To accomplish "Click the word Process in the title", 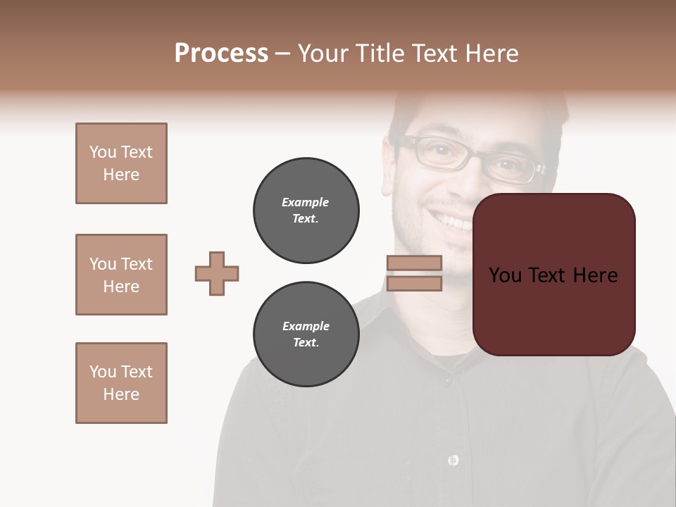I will coord(221,54).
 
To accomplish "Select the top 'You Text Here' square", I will coord(121,163).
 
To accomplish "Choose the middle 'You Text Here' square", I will coord(121,275).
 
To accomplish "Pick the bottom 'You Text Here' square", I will coord(121,383).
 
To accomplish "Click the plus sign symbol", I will coord(217,273).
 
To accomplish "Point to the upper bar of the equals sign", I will coord(414,263).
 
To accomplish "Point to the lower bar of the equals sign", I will coord(414,283).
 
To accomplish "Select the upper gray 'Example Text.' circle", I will coord(306,210).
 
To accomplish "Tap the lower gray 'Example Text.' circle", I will coord(306,334).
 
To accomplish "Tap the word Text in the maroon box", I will coord(549,275).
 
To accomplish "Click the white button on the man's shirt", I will coord(453,461).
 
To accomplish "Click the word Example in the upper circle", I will coord(306,202).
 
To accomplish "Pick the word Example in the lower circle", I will coord(306,326).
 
